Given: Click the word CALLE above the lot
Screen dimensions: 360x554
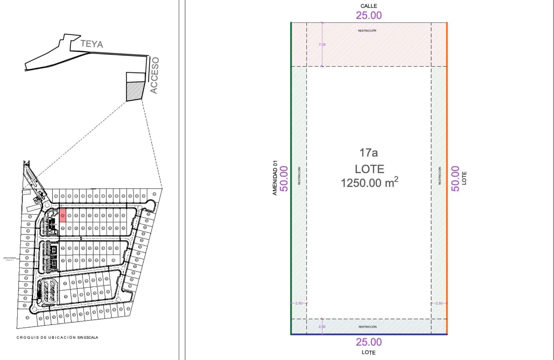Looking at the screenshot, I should tap(368, 6).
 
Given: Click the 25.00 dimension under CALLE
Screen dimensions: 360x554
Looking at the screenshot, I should tap(369, 16).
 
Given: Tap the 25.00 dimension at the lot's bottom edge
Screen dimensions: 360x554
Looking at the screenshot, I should tap(369, 342).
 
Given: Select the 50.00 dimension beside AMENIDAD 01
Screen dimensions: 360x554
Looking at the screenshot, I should tap(284, 179).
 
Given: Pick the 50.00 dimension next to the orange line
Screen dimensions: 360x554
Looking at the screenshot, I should tap(455, 179).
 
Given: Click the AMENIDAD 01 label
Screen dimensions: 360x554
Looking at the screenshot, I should tap(275, 178).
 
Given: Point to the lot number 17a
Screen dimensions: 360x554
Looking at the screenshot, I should tap(368, 153).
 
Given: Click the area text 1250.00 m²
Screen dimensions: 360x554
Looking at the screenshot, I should tap(369, 183).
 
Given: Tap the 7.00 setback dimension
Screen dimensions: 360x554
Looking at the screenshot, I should tap(322, 45).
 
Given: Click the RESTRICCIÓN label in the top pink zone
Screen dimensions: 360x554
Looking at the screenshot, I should tap(367, 30).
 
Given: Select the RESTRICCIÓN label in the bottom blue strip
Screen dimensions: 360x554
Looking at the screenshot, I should tap(367, 327).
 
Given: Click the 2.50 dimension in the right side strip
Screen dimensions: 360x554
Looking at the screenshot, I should tap(439, 303).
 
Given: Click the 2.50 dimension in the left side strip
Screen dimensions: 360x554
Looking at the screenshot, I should tap(299, 303).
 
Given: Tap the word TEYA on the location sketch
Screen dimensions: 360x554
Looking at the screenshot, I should tap(92, 44).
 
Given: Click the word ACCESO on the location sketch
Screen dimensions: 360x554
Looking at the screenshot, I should tap(154, 75).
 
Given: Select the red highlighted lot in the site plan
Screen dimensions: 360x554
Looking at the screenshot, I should tap(63, 215).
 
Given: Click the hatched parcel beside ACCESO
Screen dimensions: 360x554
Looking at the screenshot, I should tap(135, 91).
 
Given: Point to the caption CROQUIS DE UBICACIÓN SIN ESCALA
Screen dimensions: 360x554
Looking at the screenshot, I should tap(57, 337).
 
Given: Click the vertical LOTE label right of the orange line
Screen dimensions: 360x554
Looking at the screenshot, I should tap(464, 178).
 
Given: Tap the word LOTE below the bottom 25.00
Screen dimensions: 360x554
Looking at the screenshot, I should tap(368, 353).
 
